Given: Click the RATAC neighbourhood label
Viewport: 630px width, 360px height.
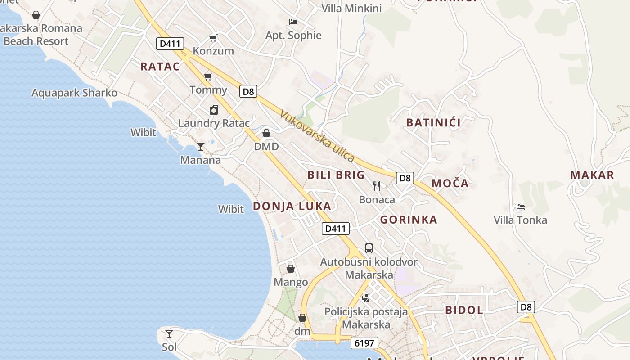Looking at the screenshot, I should point(160,67).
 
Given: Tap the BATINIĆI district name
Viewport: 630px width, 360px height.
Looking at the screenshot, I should point(433,122).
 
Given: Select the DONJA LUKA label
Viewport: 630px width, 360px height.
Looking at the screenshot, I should point(292,206).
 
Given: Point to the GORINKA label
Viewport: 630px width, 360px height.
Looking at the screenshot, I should point(409,220).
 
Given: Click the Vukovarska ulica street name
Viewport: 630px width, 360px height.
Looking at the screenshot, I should point(317,136).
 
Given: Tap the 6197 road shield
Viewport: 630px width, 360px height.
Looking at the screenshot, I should point(364,343).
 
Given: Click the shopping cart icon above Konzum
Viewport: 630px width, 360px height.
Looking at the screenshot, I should point(213,38).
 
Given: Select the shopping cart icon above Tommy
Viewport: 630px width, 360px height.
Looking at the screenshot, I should point(208,77).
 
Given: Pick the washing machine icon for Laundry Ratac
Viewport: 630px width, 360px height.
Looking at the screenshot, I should point(214,110).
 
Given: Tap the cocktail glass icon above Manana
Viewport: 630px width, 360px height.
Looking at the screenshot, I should point(201,147).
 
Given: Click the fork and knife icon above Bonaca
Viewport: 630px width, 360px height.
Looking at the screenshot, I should point(377,186).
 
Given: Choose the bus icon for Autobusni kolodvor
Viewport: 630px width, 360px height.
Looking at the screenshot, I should point(369,248).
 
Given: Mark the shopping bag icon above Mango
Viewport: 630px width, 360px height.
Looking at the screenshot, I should point(291,269).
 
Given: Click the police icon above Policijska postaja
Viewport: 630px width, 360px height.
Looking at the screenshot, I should point(366,297).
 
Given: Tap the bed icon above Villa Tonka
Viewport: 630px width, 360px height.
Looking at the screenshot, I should point(521,207).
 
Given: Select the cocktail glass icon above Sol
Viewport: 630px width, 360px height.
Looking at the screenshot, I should point(169,334).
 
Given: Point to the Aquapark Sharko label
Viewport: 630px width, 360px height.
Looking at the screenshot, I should point(74,93).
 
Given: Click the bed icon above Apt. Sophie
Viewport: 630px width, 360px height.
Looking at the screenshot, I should point(293,22).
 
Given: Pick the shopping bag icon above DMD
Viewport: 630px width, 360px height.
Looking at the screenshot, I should point(266,133).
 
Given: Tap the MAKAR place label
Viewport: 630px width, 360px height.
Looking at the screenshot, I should point(592,175).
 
